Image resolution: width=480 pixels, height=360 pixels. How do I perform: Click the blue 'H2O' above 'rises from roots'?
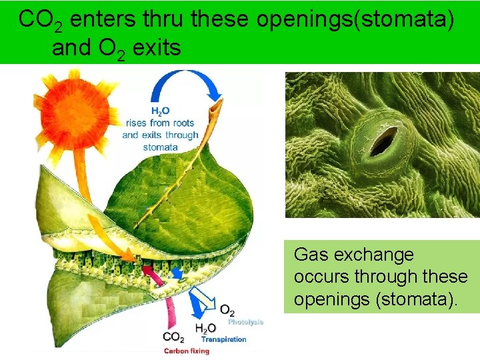pos(160,111)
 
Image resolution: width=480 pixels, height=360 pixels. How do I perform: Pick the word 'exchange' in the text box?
pos(374,255)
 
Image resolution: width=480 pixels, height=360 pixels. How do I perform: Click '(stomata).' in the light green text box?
pos(417,299)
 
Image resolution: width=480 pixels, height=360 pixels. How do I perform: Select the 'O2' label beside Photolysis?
pos(227,311)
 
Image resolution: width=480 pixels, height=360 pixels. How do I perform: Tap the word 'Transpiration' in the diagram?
pos(223,339)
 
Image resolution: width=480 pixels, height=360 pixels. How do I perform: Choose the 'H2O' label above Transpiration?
pos(205,328)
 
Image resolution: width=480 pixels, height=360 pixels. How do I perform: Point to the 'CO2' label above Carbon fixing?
pos(175,337)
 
